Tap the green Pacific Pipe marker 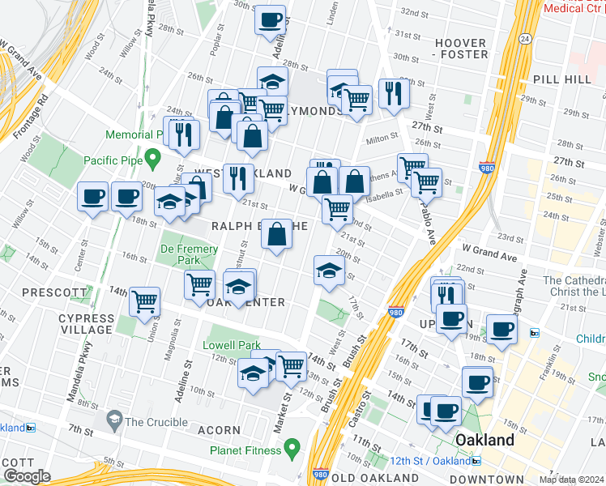(x=153, y=156)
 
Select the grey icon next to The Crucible (x=113, y=421)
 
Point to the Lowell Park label (x=232, y=345)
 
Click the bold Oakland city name (x=484, y=440)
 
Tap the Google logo (x=27, y=475)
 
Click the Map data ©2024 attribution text (x=571, y=480)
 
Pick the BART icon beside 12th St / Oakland (x=476, y=461)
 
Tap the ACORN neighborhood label (x=219, y=430)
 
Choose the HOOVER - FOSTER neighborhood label (x=462, y=49)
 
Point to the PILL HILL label (x=561, y=80)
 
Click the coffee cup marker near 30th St (x=270, y=19)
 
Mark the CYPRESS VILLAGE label (x=86, y=324)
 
